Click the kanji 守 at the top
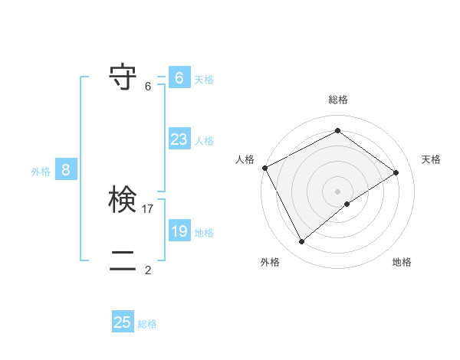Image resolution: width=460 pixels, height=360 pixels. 123,77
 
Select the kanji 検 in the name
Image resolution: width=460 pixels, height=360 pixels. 123,201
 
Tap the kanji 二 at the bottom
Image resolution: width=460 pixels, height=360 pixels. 123,261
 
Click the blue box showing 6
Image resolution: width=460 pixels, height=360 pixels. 179,78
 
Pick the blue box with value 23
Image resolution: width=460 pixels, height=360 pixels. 179,139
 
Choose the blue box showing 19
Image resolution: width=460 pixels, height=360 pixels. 179,231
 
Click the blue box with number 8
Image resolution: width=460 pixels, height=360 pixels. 66,170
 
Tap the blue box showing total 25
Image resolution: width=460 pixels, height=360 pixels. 123,322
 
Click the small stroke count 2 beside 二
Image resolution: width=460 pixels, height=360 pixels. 148,270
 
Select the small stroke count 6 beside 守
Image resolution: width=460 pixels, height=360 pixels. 148,87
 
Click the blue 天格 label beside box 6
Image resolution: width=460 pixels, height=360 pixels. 204,79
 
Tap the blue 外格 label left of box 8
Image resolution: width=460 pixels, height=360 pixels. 41,172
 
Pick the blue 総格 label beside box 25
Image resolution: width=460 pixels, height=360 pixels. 147,324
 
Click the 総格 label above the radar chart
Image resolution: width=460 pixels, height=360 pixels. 338,100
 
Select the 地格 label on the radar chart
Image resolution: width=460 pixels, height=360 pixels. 402,263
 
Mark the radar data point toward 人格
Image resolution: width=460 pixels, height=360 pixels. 264,168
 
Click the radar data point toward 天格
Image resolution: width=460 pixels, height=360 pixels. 396,172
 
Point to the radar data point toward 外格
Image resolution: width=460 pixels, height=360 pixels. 302,242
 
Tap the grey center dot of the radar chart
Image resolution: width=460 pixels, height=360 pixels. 337,191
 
